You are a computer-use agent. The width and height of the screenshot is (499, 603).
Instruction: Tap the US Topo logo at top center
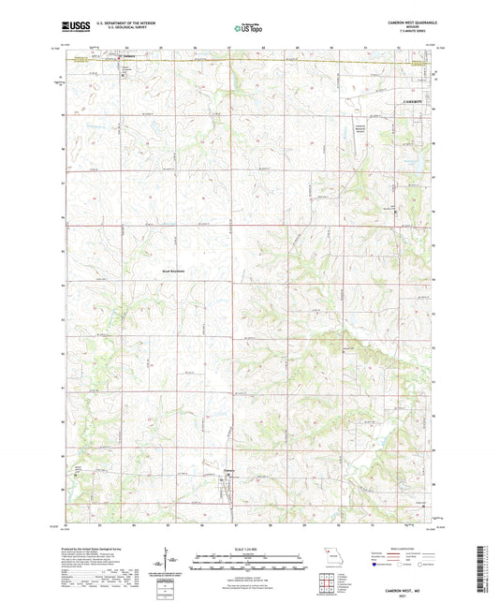click(242, 29)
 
